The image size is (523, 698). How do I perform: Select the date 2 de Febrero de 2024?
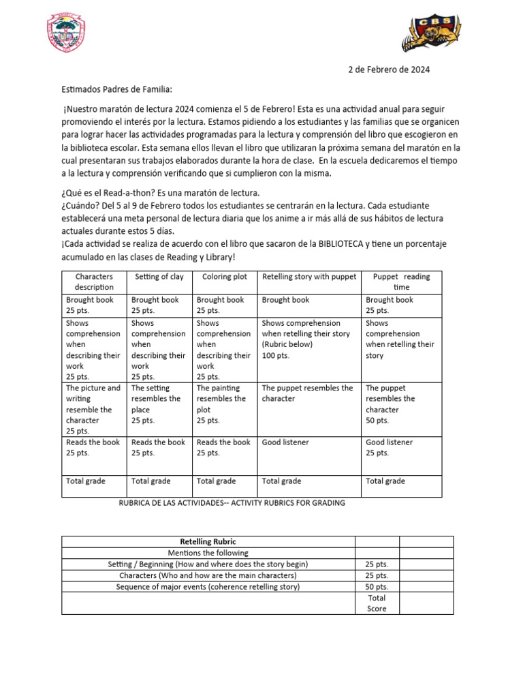[x=389, y=70]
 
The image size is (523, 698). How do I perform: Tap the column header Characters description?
[x=94, y=282]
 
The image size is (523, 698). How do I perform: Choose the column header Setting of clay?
[x=159, y=277]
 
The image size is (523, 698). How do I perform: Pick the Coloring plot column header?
[x=224, y=277]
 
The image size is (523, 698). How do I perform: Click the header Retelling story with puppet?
[x=308, y=277]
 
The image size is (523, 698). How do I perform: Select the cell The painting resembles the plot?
[x=224, y=404]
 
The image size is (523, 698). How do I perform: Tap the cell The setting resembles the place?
[x=159, y=404]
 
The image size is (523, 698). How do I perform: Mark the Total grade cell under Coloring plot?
[x=217, y=481]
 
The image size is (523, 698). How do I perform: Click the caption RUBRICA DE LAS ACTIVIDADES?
[x=232, y=503]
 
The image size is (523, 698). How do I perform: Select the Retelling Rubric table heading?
[x=208, y=542]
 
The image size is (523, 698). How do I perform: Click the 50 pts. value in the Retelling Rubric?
[x=377, y=587]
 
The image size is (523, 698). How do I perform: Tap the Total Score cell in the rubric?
[x=377, y=603]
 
